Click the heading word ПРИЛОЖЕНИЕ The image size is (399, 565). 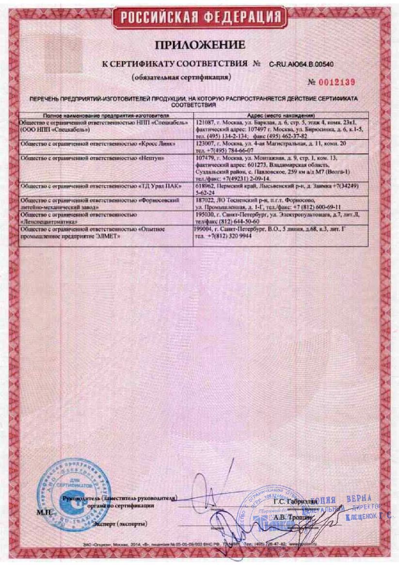[200, 46]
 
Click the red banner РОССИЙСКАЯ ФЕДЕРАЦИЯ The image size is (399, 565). [200, 18]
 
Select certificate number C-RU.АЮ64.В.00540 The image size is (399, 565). [301, 64]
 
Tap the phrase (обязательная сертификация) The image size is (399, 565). [181, 77]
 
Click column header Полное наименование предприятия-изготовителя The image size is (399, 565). [106, 115]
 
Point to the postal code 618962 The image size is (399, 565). [203, 186]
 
